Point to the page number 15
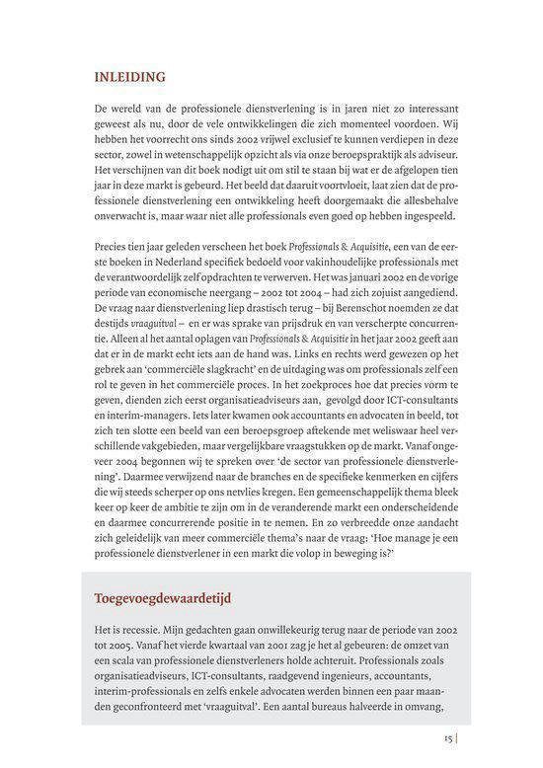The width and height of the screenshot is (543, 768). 448,735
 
